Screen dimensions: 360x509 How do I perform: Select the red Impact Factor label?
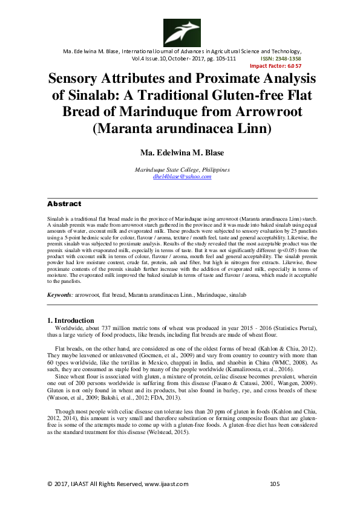pyautogui.click(x=275, y=66)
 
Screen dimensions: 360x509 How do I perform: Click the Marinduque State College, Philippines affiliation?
pyautogui.click(x=181, y=170)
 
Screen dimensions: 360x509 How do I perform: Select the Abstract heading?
pyautogui.click(x=64, y=204)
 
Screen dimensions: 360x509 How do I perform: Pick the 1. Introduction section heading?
pyautogui.click(x=70, y=320)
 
